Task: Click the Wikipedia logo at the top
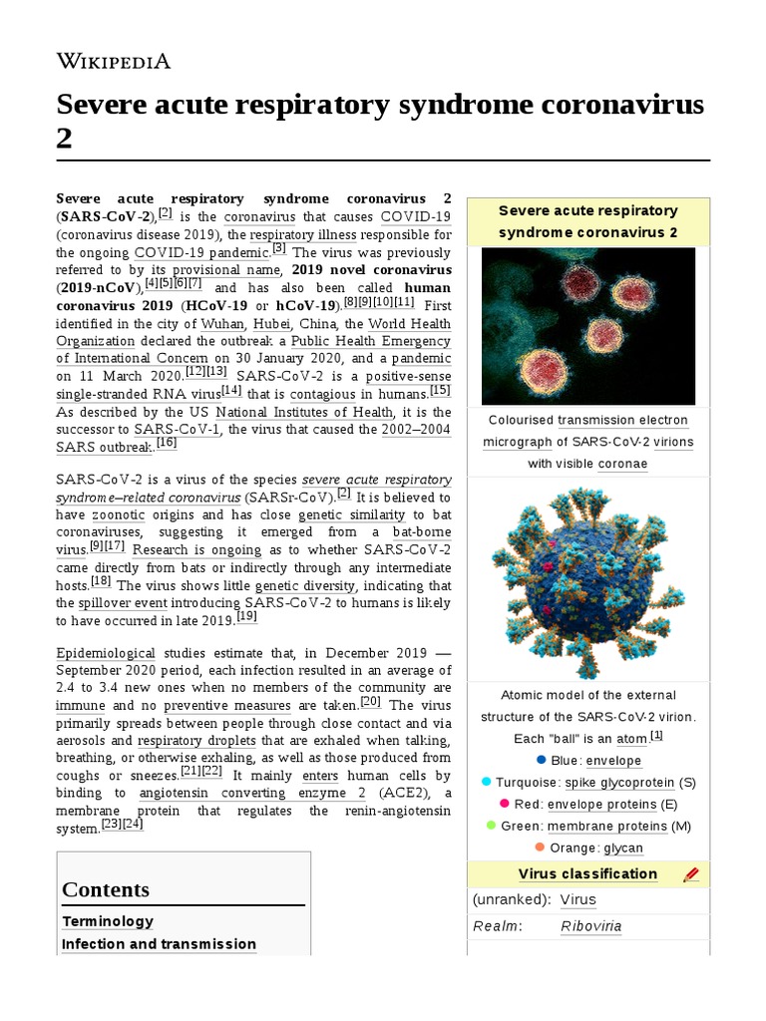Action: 113,61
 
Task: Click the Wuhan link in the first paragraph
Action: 221,324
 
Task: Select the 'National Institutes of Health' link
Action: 304,412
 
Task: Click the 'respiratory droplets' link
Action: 196,741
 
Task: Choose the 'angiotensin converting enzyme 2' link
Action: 252,793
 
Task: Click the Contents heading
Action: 106,889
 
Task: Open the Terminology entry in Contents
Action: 108,921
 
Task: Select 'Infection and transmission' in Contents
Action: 159,944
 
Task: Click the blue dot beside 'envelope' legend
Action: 542,760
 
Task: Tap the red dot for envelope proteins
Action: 505,803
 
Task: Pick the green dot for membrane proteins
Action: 490,825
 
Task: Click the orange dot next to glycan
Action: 540,847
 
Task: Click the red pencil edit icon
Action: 691,874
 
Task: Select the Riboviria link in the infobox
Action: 590,926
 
